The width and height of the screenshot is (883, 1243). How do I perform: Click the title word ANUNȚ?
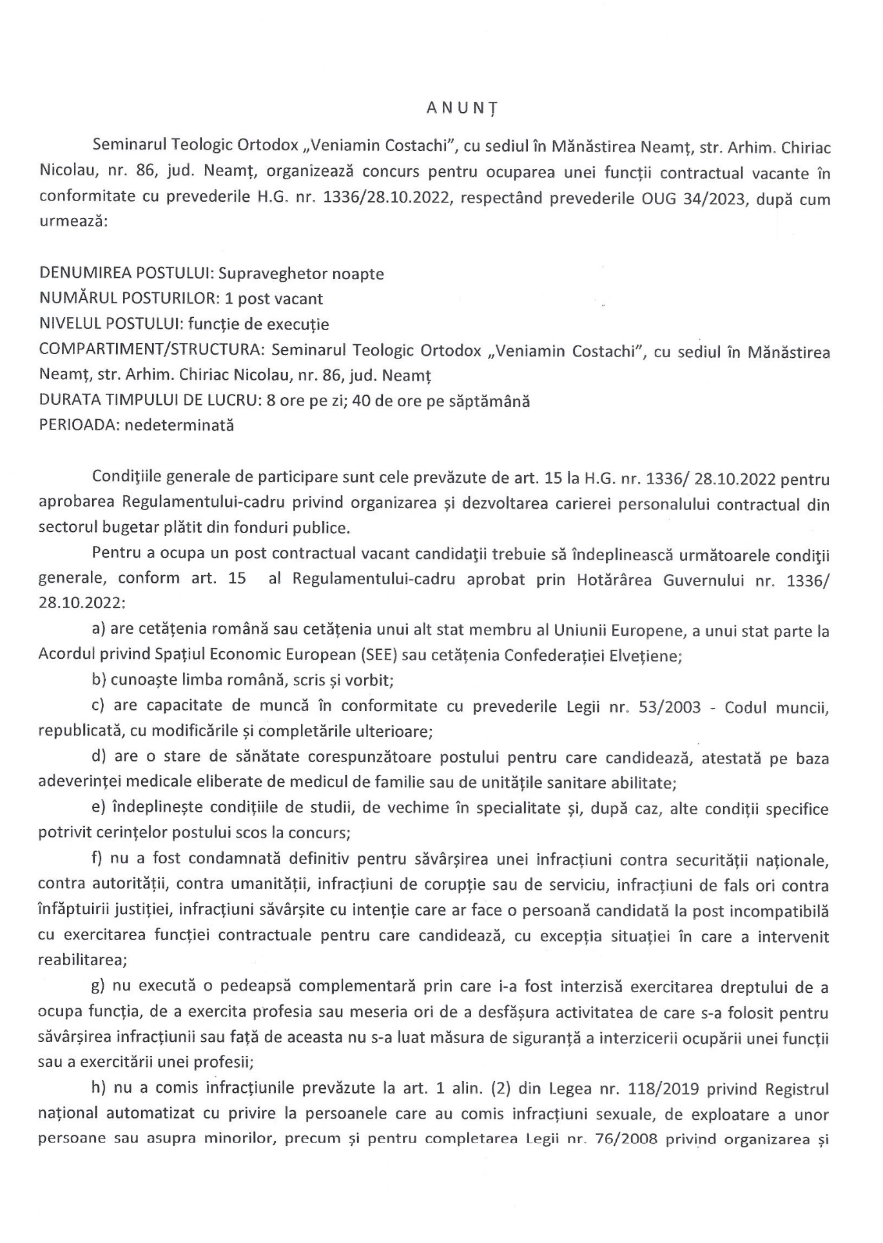coord(462,108)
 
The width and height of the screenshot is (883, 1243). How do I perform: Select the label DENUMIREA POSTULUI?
coord(126,273)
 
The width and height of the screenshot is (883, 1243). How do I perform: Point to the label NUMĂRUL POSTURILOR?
coord(126,299)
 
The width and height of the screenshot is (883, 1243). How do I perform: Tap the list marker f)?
coord(101,860)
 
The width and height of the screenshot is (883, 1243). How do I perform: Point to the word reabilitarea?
coord(82,960)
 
